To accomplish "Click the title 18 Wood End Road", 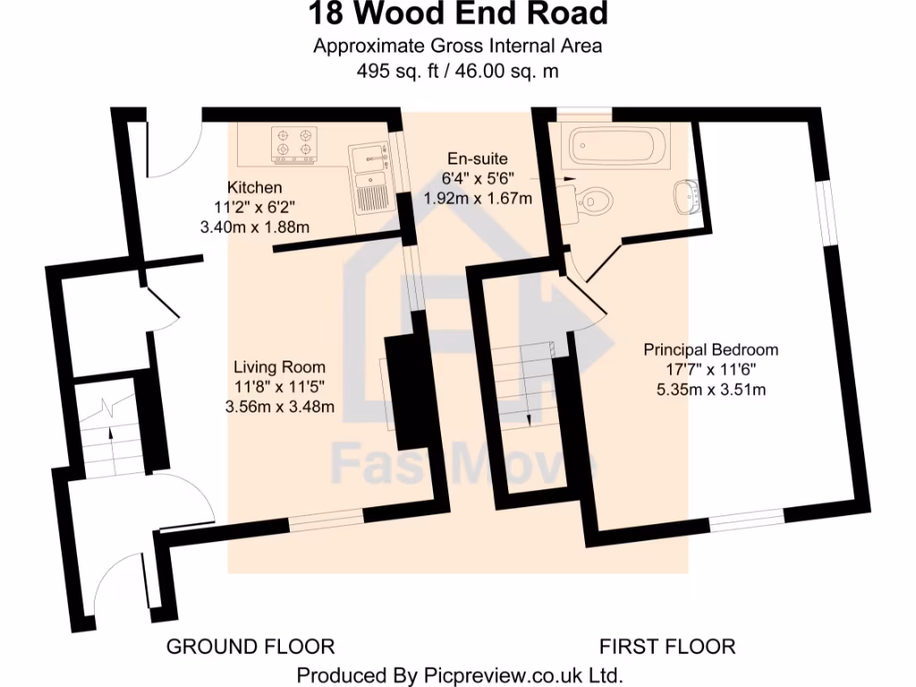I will tap(458, 15).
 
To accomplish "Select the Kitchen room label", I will tap(255, 188).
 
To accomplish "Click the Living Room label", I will tap(279, 367).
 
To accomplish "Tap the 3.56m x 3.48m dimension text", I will tap(279, 407).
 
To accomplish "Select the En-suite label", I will tap(478, 158).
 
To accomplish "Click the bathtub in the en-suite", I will tap(616, 146).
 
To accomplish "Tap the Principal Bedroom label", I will tap(711, 350).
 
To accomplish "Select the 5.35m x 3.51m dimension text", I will tap(711, 389).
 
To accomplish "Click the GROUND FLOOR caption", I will tap(250, 646).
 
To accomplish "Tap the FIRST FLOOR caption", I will tap(666, 646).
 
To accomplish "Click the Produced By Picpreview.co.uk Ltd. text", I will tap(459, 674).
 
